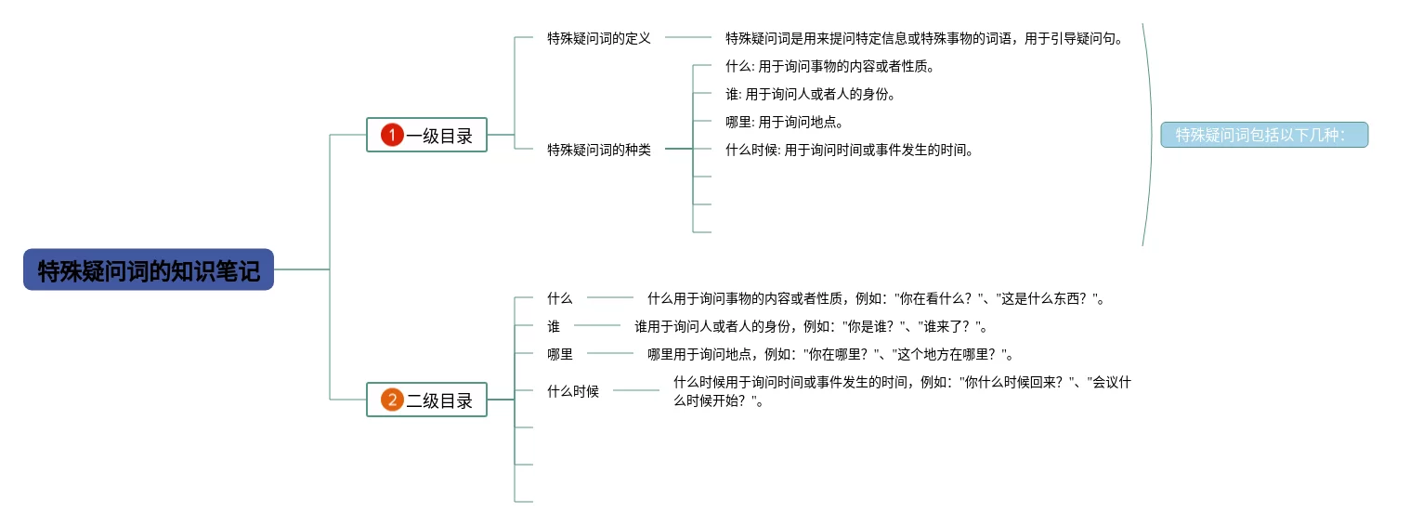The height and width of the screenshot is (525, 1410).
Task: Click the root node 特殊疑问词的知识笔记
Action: click(x=149, y=269)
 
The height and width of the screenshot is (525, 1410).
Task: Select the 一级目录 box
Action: click(x=438, y=136)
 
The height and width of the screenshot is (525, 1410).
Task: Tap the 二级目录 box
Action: click(x=438, y=400)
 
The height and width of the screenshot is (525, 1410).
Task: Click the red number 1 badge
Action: click(x=392, y=136)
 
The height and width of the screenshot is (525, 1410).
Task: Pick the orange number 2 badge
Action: click(x=392, y=400)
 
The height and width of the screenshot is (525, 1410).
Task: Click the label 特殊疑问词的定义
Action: click(x=598, y=38)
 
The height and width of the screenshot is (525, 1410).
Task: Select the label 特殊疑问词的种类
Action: click(x=598, y=150)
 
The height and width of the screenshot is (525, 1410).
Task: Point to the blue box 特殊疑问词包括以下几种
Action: click(x=1263, y=136)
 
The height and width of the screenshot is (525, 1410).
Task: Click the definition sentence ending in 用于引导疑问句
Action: click(x=924, y=38)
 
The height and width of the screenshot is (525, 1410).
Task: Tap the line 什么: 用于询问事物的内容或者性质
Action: click(x=829, y=66)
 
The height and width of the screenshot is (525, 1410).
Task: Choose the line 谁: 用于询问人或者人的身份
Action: click(x=809, y=94)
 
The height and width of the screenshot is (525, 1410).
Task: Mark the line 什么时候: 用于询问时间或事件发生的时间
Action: click(x=850, y=150)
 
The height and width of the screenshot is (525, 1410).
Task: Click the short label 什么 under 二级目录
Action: click(x=560, y=298)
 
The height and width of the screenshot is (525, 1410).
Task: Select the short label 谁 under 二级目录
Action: click(x=554, y=326)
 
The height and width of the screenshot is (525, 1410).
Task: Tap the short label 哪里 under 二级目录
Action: click(x=560, y=354)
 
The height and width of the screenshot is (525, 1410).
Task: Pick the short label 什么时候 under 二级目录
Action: click(x=573, y=391)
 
